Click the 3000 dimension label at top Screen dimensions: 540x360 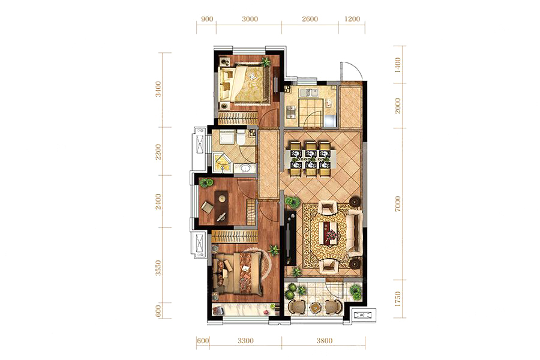250,19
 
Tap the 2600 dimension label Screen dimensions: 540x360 310,19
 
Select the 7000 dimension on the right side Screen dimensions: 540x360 398,203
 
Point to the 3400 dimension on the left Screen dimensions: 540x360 158,89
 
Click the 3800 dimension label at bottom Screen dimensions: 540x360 325,341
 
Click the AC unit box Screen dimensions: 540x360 362,315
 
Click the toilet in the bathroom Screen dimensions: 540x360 241,137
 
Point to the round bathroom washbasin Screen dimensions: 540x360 245,169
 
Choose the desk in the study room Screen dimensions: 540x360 221,205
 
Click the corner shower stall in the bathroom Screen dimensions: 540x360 223,163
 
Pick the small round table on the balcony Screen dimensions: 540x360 314,307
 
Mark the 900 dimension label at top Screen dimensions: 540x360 206,19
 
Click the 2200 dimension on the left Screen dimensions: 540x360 158,152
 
